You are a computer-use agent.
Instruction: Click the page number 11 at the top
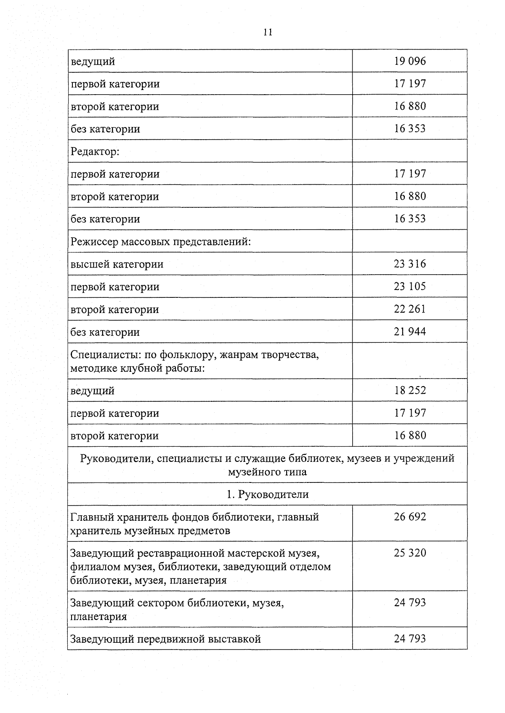click(268, 32)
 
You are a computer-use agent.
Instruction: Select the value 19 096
click(410, 61)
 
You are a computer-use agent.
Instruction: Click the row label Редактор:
click(95, 151)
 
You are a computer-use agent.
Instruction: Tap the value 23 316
click(410, 264)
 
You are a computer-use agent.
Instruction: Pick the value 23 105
click(410, 286)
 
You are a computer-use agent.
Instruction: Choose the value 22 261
click(410, 309)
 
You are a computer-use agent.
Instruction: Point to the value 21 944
click(410, 332)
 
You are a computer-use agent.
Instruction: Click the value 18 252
click(410, 390)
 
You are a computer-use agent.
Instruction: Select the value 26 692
click(410, 517)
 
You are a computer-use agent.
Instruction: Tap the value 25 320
click(410, 553)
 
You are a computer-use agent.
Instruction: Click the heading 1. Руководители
click(268, 494)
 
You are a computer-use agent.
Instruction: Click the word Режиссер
click(94, 242)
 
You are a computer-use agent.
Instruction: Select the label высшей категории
click(117, 265)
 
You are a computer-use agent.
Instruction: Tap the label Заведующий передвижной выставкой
click(165, 639)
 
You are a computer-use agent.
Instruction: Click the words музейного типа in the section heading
click(268, 472)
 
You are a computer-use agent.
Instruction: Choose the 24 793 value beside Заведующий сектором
click(410, 603)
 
